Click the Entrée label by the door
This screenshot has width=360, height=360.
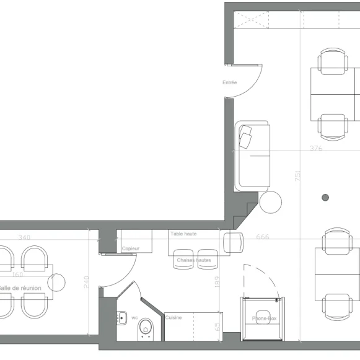tap(229, 82)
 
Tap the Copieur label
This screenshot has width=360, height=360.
tap(131, 248)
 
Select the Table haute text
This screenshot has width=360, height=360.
tap(183, 234)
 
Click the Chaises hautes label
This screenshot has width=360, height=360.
tap(193, 260)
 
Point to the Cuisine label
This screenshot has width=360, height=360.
tap(173, 317)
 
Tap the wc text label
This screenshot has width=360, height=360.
tap(134, 317)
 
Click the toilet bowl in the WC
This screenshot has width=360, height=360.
tap(146, 327)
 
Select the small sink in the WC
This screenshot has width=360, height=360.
tap(121, 318)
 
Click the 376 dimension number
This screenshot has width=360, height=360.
tap(316, 148)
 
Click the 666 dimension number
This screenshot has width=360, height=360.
tap(262, 237)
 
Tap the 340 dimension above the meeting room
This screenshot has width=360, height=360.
tap(24, 237)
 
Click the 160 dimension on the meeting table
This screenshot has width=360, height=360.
tap(17, 274)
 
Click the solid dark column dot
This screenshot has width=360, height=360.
tap(325, 198)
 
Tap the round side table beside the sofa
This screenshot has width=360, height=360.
tap(270, 202)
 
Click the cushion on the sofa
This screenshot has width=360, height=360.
tap(247, 137)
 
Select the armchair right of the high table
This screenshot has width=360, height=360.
tap(234, 242)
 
